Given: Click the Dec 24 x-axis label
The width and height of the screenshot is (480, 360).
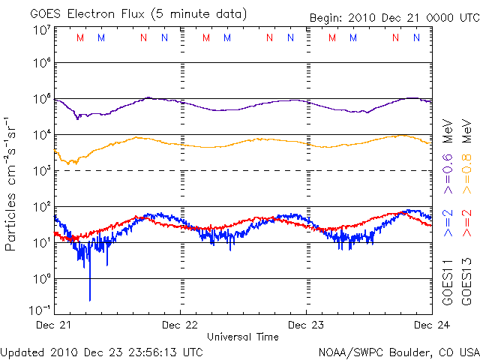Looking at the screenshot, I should click(x=431, y=325).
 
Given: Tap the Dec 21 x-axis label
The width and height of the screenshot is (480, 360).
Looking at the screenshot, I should click(x=55, y=325).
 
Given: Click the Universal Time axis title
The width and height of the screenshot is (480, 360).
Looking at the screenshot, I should click(x=243, y=337).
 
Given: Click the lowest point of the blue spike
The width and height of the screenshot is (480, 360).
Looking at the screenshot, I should click(x=90, y=300).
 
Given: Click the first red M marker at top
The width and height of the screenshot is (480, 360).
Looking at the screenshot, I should click(x=80, y=37).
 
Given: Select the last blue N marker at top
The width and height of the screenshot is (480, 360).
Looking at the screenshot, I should click(x=416, y=37).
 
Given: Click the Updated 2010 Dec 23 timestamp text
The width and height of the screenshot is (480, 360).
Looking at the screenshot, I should click(x=101, y=351).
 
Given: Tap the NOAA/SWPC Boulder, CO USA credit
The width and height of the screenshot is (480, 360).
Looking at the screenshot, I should click(x=397, y=351).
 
